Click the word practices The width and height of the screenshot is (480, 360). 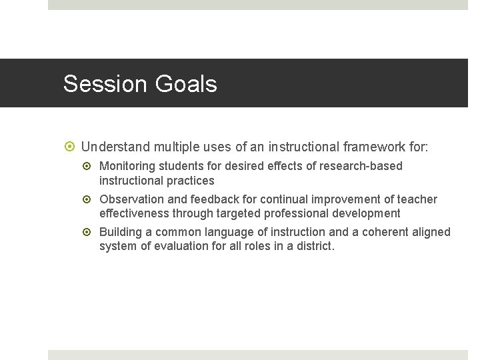click(x=191, y=181)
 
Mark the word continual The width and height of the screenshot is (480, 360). click(x=283, y=199)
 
